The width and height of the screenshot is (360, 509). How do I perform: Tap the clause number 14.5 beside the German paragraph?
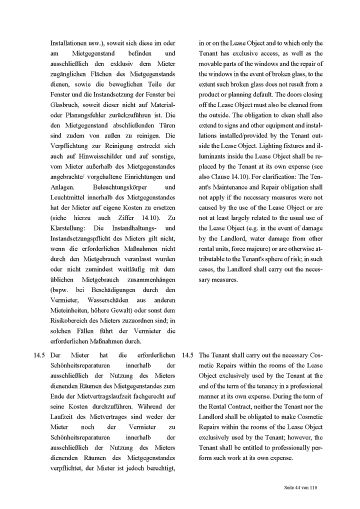point(40,355)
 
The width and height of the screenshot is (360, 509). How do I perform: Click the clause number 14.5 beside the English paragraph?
point(188,355)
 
